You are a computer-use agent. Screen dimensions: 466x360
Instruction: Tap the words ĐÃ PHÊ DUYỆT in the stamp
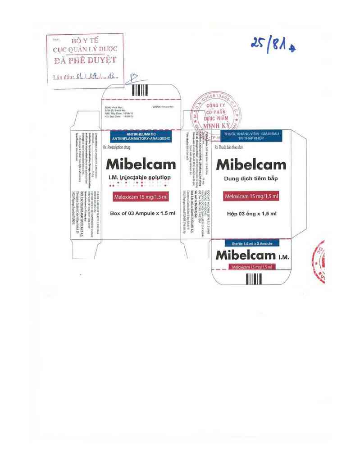[85, 60]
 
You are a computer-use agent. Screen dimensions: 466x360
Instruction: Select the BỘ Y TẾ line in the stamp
[85, 40]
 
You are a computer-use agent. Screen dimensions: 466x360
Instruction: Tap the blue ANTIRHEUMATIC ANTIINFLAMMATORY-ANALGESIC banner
[141, 137]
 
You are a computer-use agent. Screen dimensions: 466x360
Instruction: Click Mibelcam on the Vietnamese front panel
[251, 165]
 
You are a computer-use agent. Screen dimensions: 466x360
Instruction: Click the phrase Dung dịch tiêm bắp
[251, 179]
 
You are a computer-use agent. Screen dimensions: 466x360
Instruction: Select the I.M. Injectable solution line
[141, 178]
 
